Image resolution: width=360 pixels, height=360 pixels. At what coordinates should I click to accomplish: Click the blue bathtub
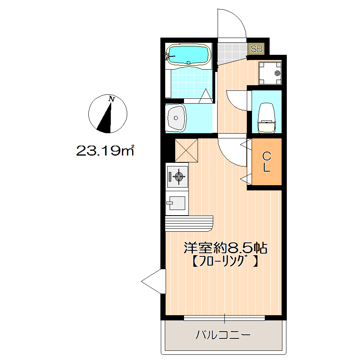click(x=188, y=54)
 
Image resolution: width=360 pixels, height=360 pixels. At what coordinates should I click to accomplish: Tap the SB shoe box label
click(x=256, y=49)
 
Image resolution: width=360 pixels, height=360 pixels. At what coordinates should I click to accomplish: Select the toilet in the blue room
click(x=267, y=118)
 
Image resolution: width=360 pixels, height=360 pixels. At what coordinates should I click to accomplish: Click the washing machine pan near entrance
click(x=270, y=73)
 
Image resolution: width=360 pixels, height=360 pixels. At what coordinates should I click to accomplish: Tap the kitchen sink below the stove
click(x=177, y=203)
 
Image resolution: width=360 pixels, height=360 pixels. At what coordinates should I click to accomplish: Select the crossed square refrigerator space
click(x=186, y=150)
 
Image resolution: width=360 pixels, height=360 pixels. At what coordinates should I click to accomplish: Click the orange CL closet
click(x=266, y=162)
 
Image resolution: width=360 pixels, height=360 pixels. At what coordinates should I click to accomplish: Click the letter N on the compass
click(x=112, y=99)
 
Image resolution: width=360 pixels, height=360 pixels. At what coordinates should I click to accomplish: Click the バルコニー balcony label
click(x=223, y=334)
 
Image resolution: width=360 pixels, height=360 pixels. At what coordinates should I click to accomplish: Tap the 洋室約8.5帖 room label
click(x=225, y=248)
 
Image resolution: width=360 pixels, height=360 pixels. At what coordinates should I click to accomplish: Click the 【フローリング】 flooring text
click(x=224, y=261)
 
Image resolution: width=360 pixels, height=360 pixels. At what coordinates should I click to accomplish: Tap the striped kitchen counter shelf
click(x=189, y=222)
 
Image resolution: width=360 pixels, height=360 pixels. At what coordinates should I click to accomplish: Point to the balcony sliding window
click(x=224, y=318)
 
